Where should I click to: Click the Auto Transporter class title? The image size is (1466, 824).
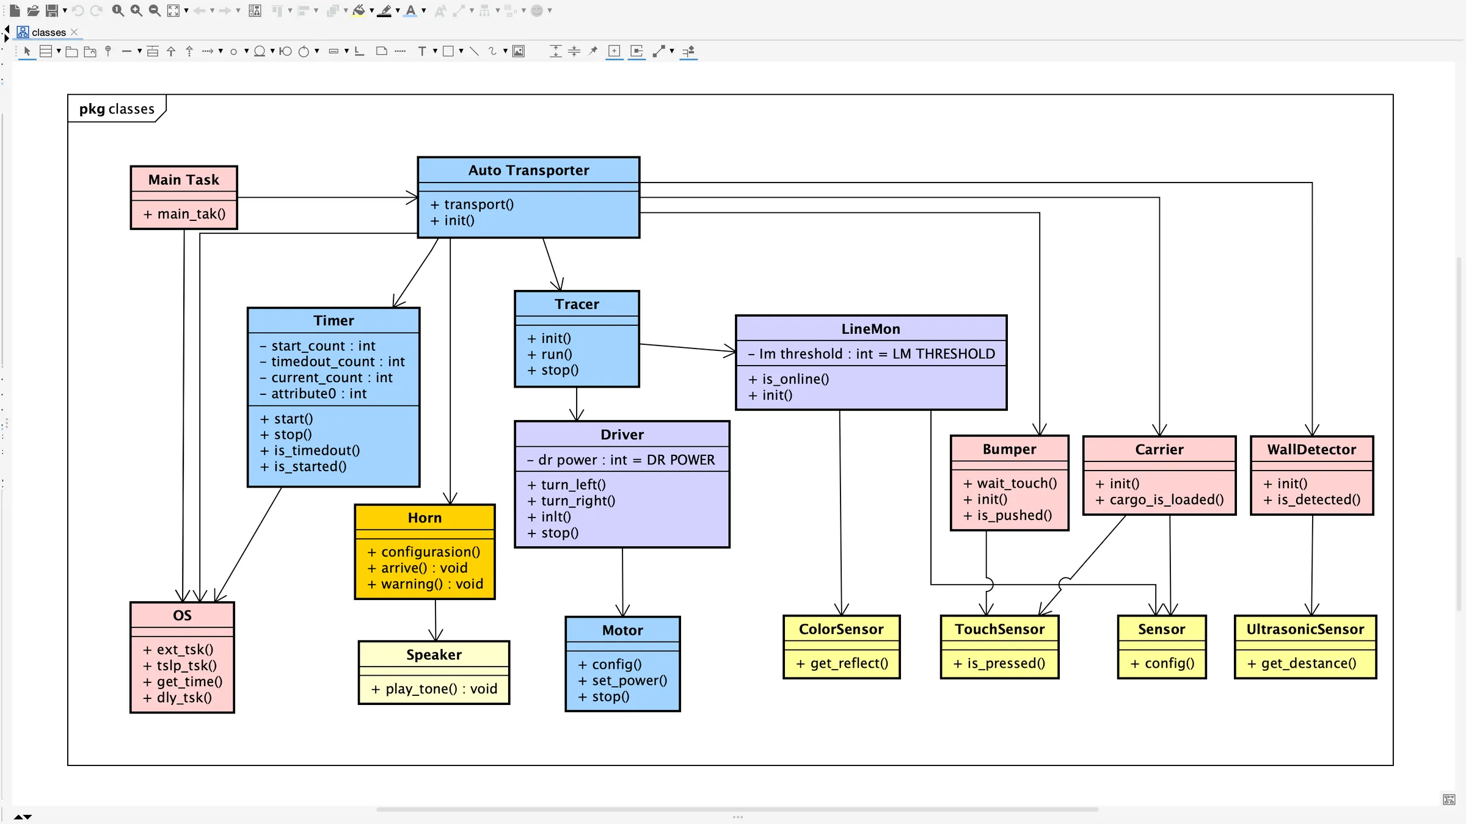(528, 170)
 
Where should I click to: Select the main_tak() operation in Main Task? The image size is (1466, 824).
(185, 214)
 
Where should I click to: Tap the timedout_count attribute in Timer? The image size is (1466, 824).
(332, 362)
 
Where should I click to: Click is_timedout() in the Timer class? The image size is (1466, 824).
(310, 450)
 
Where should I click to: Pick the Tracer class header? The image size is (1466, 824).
(577, 304)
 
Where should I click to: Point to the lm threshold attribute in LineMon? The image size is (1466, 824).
(872, 354)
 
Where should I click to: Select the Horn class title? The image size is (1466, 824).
(425, 518)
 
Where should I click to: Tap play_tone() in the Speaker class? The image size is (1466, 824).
(434, 689)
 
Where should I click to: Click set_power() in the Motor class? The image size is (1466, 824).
(623, 681)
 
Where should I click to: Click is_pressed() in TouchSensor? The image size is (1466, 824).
(1000, 663)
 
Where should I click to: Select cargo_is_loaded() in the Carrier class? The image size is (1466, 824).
(1160, 500)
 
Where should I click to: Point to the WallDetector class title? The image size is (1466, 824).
(1311, 450)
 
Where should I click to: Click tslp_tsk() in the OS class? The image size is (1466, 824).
(181, 666)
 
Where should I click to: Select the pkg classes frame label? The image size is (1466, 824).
(117, 109)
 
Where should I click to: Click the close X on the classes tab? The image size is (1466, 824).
(75, 32)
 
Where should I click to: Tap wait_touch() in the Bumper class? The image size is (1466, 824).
(1010, 483)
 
